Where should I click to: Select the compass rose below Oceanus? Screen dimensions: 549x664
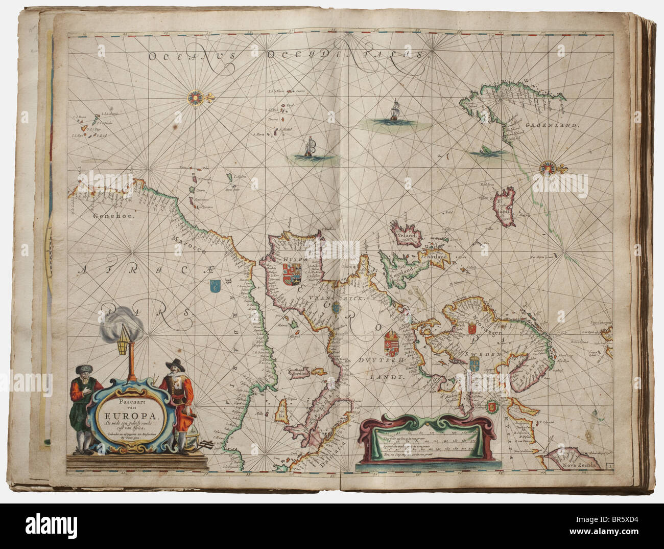click(195, 96)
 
